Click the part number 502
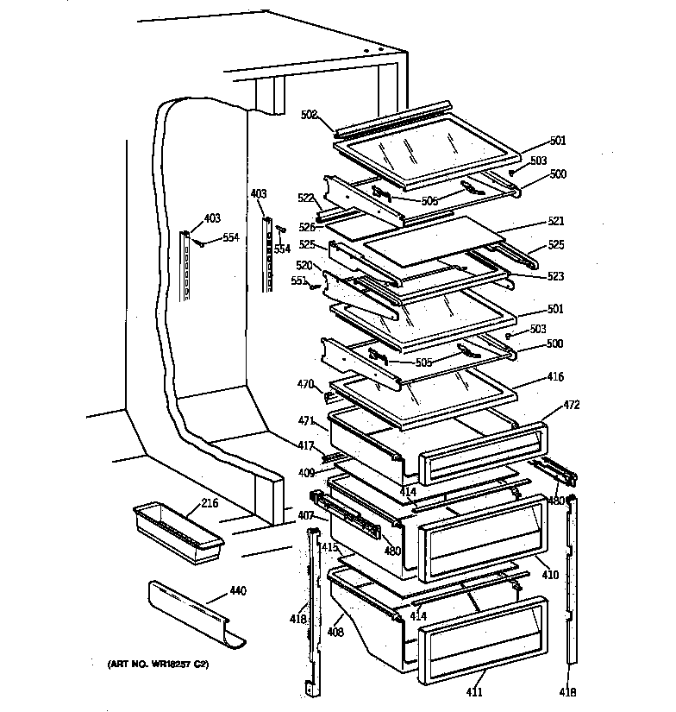[309, 114]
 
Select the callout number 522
[305, 198]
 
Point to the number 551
[298, 281]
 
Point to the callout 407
[306, 516]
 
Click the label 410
[549, 575]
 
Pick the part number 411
[475, 692]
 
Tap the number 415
[329, 547]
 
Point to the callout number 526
[308, 228]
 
